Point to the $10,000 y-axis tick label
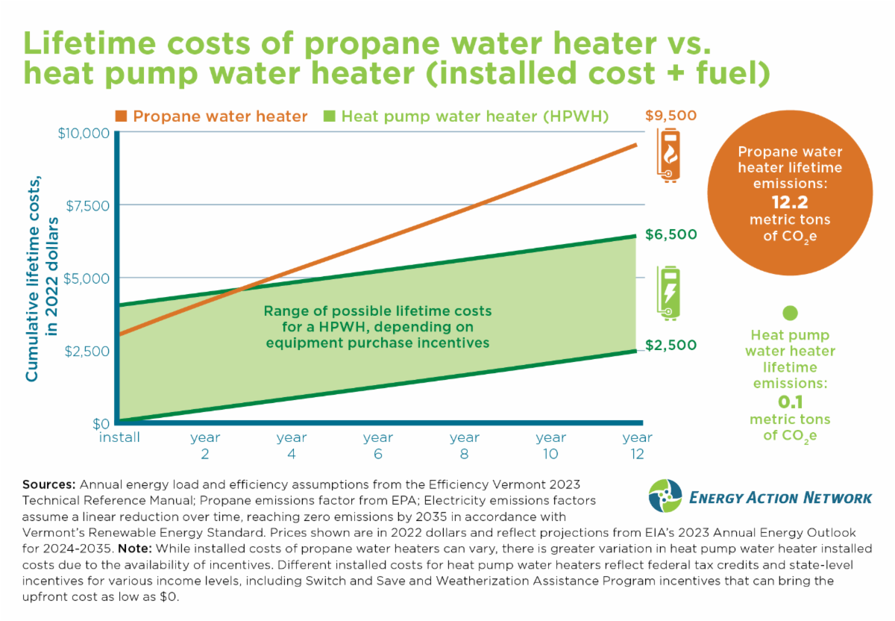tap(84, 133)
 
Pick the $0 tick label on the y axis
tap(101, 422)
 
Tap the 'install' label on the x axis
tap(119, 437)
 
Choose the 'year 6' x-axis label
tap(378, 446)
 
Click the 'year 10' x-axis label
tap(550, 446)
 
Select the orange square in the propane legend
tap(120, 116)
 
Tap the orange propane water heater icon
tap(668, 155)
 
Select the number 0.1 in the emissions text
tap(791, 402)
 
